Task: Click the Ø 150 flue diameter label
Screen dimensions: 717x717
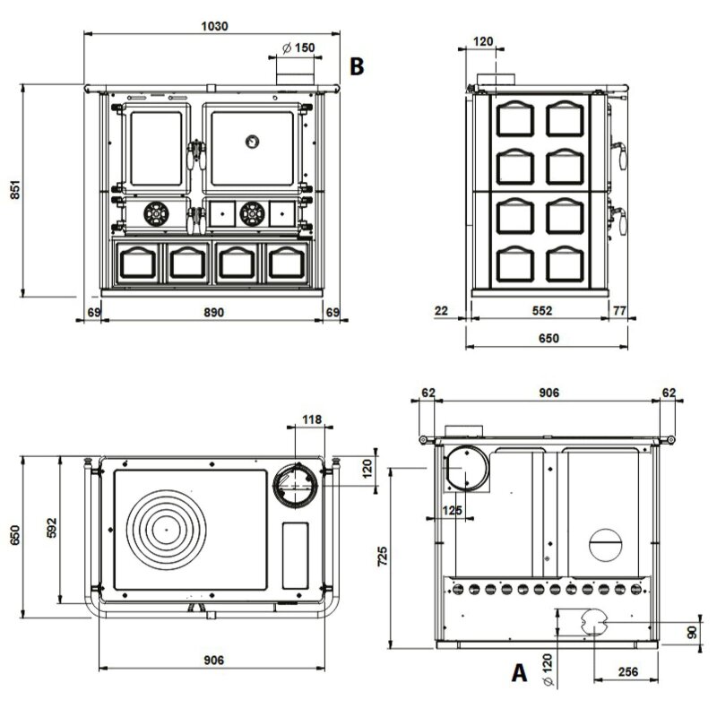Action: coord(297,47)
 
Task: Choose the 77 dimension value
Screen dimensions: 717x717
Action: coord(618,311)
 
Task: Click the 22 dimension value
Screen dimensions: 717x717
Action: coord(440,311)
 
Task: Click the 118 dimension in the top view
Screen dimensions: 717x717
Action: coord(311,418)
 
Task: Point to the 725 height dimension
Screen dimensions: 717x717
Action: coord(382,557)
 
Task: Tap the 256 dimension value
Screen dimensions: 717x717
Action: coord(628,672)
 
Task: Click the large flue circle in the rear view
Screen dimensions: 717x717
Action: coord(466,469)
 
